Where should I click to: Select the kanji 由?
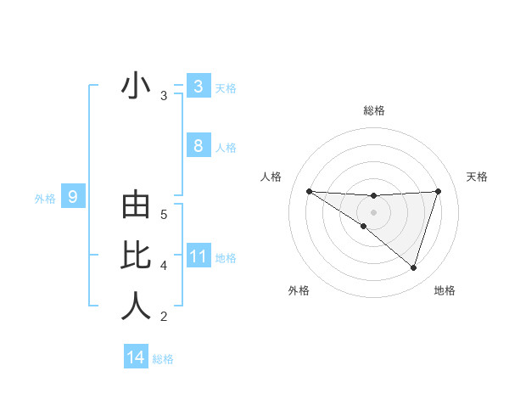[136, 208]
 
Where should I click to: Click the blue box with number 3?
[198, 86]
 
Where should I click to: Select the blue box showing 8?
[198, 146]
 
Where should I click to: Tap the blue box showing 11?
[198, 256]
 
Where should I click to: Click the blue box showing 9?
[73, 198]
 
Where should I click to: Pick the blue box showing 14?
[135, 357]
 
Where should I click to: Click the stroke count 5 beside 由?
[164, 215]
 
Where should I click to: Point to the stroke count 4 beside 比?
[164, 266]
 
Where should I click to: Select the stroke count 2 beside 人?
[164, 317]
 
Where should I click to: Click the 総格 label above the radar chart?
[374, 110]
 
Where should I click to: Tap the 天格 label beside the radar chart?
[478, 177]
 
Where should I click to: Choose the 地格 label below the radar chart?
[445, 290]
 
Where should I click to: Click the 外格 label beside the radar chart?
[299, 290]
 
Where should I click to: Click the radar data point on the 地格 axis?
[413, 267]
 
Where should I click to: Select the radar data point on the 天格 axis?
[439, 191]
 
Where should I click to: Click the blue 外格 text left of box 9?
[45, 199]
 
